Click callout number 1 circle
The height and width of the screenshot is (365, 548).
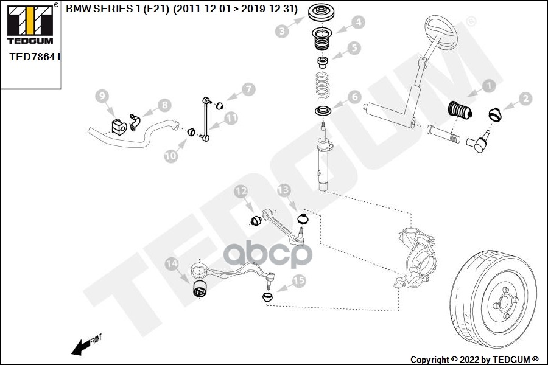coord(488,87)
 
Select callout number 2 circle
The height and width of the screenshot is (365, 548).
coord(525,98)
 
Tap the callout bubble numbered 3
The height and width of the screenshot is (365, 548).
coord(281,31)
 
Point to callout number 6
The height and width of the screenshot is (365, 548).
coord(354,97)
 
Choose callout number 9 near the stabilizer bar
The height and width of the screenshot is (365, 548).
coord(102,96)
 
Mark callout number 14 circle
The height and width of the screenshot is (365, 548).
coord(172,263)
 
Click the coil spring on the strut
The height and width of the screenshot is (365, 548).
coord(323,85)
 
